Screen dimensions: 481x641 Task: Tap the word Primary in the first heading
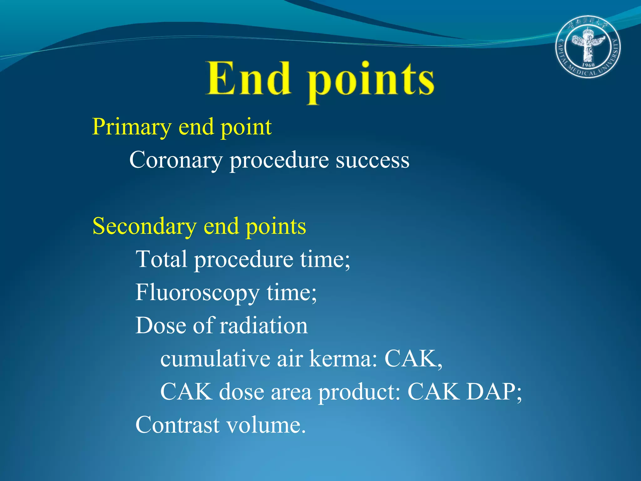click(x=131, y=127)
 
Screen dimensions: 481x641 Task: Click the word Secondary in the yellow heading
click(x=145, y=226)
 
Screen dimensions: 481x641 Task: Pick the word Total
click(x=161, y=259)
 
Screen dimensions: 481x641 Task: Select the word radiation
click(x=264, y=326)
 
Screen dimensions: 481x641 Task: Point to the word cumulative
click(x=215, y=359)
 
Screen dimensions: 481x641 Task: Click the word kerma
click(x=343, y=359)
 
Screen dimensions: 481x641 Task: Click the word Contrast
click(x=177, y=425)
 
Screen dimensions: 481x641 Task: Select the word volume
click(x=265, y=425)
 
